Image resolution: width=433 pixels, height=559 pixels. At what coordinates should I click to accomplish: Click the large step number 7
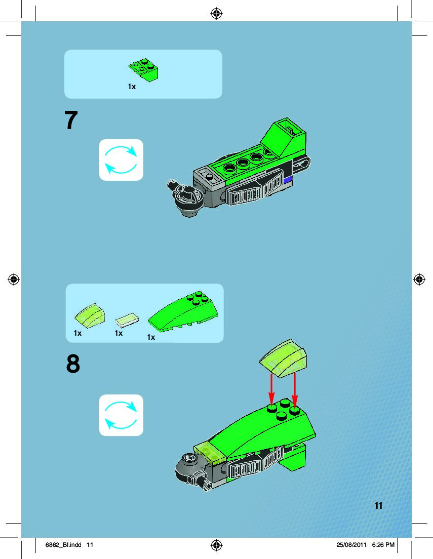coord(71,120)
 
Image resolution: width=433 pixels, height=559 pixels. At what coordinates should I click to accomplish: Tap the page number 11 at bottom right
coord(378,505)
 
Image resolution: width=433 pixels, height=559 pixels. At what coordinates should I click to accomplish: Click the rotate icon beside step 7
coord(121,159)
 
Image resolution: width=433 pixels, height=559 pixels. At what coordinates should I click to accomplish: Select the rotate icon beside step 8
coord(121,415)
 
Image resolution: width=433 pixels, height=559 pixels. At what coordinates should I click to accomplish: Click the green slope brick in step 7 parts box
coord(144,70)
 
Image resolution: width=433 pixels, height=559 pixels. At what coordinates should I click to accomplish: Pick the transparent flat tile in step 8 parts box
coord(127,320)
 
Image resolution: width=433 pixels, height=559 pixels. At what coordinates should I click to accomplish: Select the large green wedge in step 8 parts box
coord(183,311)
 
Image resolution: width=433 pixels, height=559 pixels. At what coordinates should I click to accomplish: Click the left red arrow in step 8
coord(271,390)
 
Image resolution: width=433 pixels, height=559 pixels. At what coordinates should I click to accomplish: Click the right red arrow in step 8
coord(295,390)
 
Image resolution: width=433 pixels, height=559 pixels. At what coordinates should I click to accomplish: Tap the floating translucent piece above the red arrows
coord(283,358)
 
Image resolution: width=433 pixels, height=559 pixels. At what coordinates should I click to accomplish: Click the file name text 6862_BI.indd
coord(63,545)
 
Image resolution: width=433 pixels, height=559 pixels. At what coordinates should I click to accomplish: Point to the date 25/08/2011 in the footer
coord(351,545)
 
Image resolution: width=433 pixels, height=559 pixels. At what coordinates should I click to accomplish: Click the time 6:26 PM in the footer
coord(383,545)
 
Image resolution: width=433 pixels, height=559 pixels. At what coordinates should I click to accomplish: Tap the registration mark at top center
coord(217,14)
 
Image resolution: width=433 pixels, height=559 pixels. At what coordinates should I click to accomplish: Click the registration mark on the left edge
coord(14,279)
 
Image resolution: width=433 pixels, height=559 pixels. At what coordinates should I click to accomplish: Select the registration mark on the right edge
coord(419,279)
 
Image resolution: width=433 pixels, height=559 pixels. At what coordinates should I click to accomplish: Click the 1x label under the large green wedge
coord(151,337)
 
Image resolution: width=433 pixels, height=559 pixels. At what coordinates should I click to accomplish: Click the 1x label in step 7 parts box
coord(132,87)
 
